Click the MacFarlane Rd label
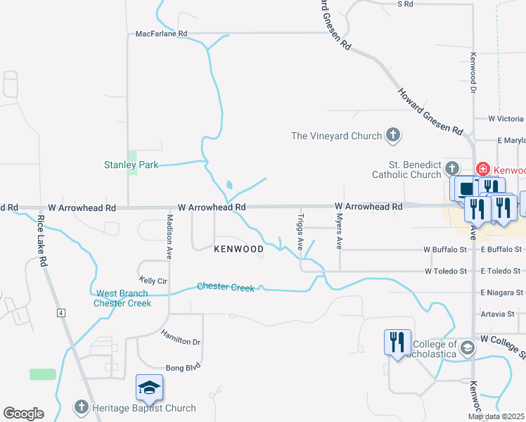coord(162,33)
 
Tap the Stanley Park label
coord(131,165)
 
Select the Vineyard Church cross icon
coord(393,136)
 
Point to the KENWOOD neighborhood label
coord(239,249)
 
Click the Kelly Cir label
coord(153,281)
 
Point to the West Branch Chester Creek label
coord(122,298)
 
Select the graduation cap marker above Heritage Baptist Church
coord(149,387)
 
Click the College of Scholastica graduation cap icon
coord(466,347)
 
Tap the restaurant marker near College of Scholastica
coord(397,343)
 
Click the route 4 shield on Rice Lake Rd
coord(61,312)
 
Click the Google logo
coord(23,414)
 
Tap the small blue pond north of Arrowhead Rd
coord(230,186)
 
